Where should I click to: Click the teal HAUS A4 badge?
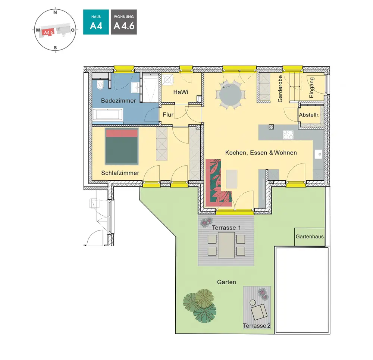pyautogui.click(x=96, y=22)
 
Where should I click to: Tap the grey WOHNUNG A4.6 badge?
pyautogui.click(x=124, y=22)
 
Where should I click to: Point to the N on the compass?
pyautogui.click(x=55, y=12)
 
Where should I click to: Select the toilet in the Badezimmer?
pyautogui.click(x=100, y=85)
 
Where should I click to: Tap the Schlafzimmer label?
pyautogui.click(x=120, y=173)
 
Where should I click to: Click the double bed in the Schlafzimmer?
pyautogui.click(x=122, y=146)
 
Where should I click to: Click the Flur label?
pyautogui.click(x=168, y=115)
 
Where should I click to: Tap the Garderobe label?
pyautogui.click(x=280, y=89)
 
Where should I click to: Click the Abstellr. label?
pyautogui.click(x=309, y=115)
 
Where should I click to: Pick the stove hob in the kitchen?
pyautogui.click(x=289, y=135)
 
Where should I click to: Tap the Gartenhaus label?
pyautogui.click(x=310, y=237)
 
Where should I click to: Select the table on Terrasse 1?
pyautogui.click(x=226, y=245)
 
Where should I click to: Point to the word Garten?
pyautogui.click(x=226, y=282)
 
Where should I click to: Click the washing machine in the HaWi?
pyautogui.click(x=166, y=79)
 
